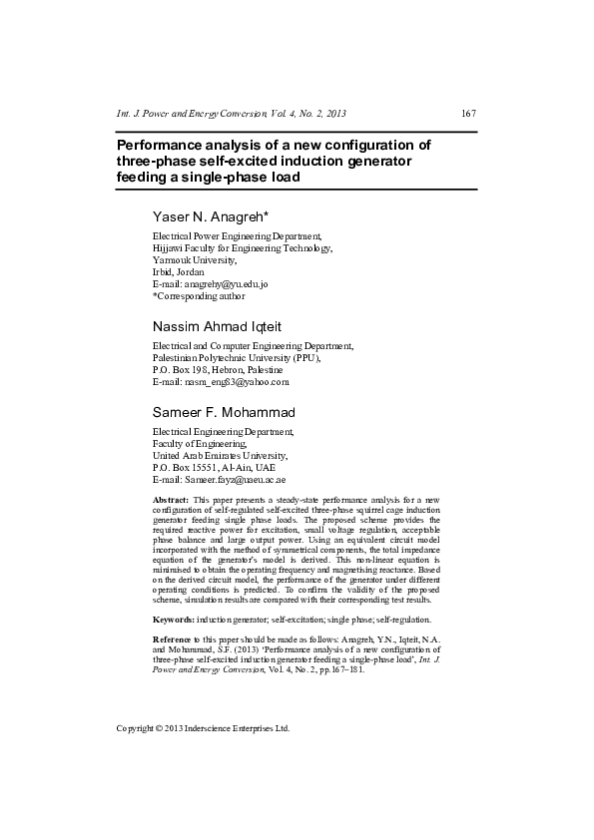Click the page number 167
(x=467, y=114)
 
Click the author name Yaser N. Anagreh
(x=218, y=216)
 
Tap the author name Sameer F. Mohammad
(x=224, y=412)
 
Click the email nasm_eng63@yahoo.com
(x=237, y=382)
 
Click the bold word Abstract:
(x=171, y=499)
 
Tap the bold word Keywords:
(x=174, y=621)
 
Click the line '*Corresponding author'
(x=198, y=296)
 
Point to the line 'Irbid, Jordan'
(x=178, y=272)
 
